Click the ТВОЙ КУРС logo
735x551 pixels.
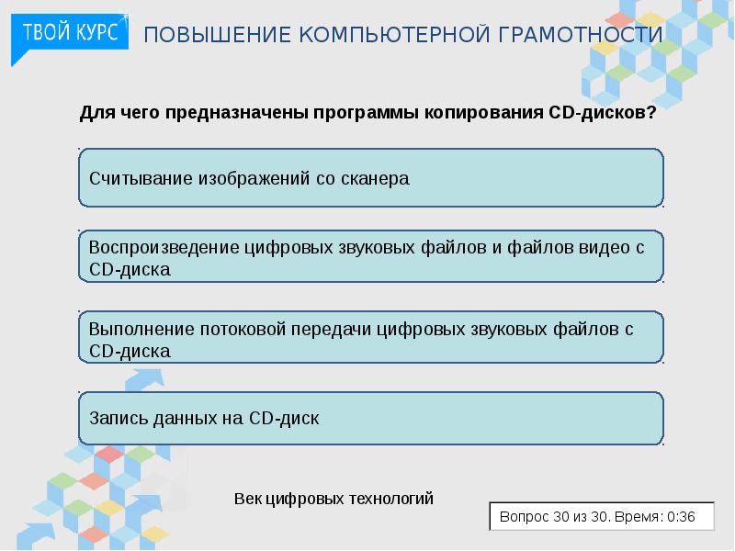click(x=69, y=34)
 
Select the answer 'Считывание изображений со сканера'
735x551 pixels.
click(x=370, y=178)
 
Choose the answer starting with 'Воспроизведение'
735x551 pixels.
click(x=370, y=258)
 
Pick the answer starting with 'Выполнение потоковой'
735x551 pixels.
click(x=370, y=338)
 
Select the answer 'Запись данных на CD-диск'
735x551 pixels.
click(x=370, y=418)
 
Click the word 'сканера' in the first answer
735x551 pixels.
click(x=376, y=178)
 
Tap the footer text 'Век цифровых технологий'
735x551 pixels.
click(x=334, y=499)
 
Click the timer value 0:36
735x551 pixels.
click(x=681, y=517)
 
